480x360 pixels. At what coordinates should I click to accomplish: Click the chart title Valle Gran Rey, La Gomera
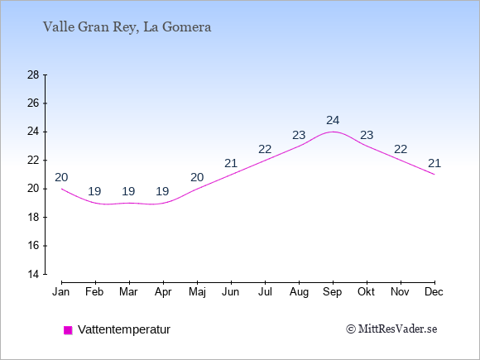pos(127,27)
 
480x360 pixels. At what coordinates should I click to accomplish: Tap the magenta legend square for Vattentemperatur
pos(68,330)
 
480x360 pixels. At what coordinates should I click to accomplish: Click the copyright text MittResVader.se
pos(391,329)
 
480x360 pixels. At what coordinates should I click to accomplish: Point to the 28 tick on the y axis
pos(33,74)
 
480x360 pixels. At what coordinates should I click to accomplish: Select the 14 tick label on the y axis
pos(33,274)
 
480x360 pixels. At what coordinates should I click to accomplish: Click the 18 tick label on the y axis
pos(33,217)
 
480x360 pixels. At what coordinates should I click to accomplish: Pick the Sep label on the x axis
pos(333,292)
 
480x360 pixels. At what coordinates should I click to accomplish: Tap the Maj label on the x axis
pos(197,292)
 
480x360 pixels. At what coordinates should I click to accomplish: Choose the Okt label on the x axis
pos(366,292)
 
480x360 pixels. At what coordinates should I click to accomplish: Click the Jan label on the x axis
pos(61,292)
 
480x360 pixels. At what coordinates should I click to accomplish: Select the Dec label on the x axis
pos(434,292)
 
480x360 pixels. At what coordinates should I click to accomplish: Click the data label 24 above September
pos(333,120)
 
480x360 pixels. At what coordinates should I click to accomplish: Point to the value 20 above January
pos(61,177)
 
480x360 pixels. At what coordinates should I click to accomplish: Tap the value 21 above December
pos(434,163)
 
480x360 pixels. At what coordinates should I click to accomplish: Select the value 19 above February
pos(94,191)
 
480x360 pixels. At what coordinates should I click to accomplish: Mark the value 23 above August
pos(299,135)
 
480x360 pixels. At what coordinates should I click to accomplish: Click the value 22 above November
pos(401,149)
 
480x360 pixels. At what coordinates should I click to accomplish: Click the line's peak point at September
pos(333,132)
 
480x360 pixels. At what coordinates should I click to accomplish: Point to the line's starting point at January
pos(61,189)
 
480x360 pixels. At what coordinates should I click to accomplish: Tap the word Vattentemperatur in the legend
pos(124,329)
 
